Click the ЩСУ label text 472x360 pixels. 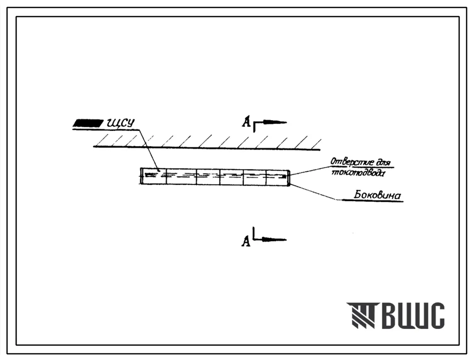[x=120, y=123]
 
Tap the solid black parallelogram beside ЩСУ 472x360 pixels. [x=88, y=123]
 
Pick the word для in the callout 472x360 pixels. [x=380, y=161]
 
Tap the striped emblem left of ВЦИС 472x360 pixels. [x=361, y=315]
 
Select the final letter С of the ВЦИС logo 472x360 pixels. [x=436, y=315]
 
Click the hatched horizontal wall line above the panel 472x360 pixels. [x=207, y=147]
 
